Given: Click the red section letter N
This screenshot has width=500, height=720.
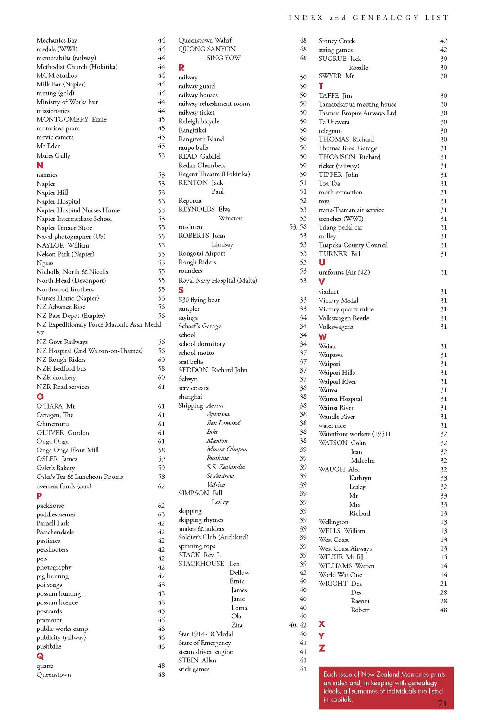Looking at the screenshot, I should pos(40,165).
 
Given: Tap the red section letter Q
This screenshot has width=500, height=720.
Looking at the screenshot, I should pos(40,656).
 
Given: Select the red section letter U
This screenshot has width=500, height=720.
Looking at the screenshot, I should pos(322,263).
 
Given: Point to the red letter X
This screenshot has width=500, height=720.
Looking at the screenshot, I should pos(322,624).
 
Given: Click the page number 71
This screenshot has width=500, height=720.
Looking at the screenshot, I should pos(442,703).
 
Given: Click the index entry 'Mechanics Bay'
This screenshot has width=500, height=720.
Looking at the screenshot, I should pos(57,40).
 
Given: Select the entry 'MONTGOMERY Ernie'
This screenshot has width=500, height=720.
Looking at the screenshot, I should pos(71,120).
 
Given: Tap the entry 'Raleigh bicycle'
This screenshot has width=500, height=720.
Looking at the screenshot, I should pos(199,121).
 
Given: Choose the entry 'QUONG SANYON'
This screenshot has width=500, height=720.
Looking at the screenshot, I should pos(207,49).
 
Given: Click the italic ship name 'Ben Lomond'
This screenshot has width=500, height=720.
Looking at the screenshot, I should pos(223,423).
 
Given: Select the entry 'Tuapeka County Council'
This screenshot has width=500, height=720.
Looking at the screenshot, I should pos(353,245).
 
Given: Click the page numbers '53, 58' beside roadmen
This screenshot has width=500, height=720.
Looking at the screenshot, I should pos(298,227).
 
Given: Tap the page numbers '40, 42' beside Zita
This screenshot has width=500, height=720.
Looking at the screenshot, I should pos(298,625).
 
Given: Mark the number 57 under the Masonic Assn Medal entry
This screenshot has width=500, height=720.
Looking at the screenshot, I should pos(40,333).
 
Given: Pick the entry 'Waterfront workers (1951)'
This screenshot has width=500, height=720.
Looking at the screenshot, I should pos(354,434).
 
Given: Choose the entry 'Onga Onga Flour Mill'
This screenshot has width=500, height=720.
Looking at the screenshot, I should pos(68,450).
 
